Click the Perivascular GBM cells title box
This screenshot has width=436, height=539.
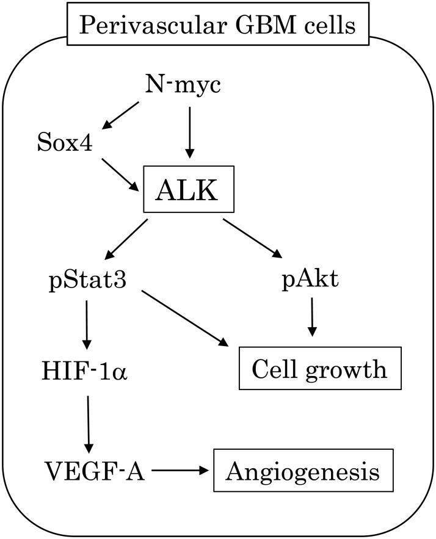click(218, 24)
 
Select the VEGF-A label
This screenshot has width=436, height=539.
click(95, 471)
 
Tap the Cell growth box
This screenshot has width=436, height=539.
click(319, 368)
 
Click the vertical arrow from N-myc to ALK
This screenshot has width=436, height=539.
click(189, 131)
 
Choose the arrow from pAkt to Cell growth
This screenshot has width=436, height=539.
click(312, 316)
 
